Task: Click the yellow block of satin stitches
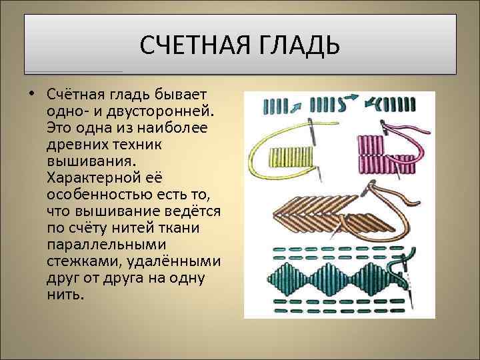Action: point(291,157)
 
